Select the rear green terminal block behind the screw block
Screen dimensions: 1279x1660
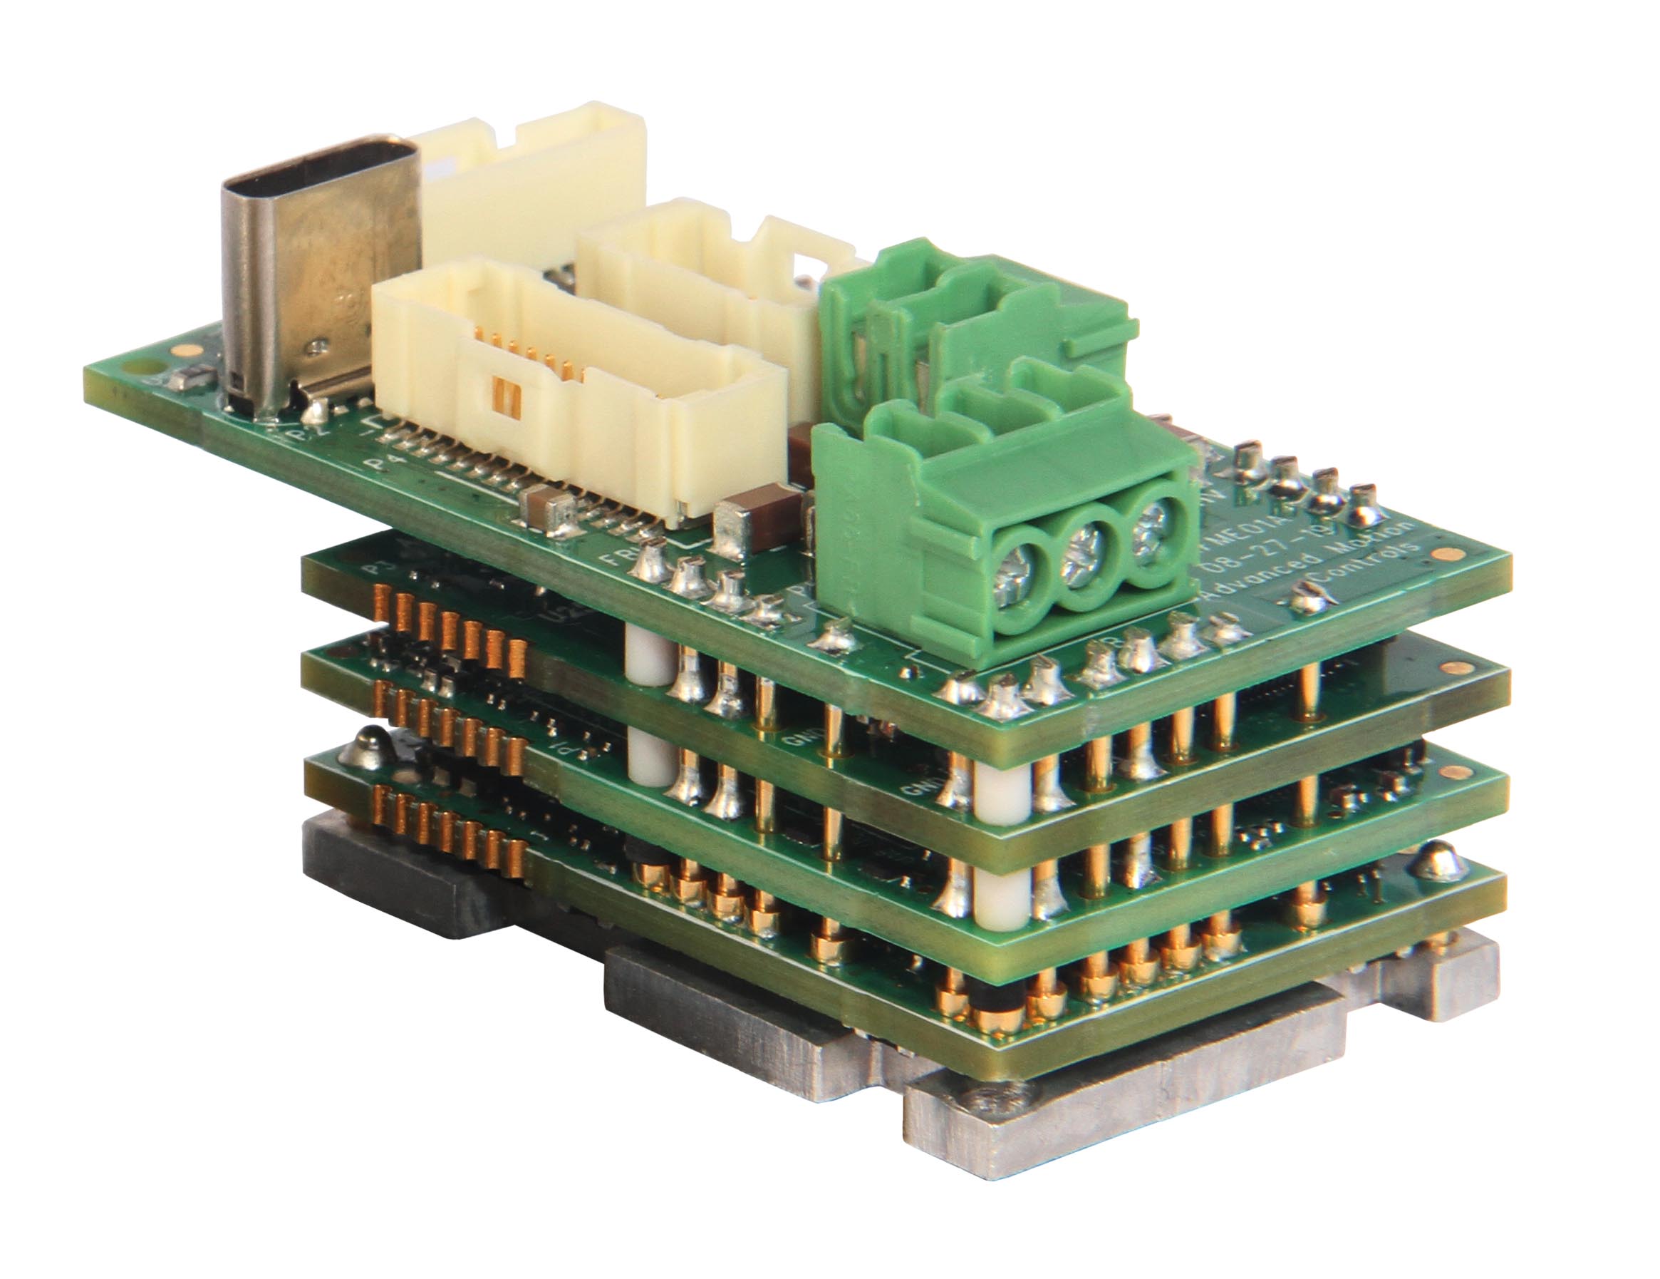tap(980, 312)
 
